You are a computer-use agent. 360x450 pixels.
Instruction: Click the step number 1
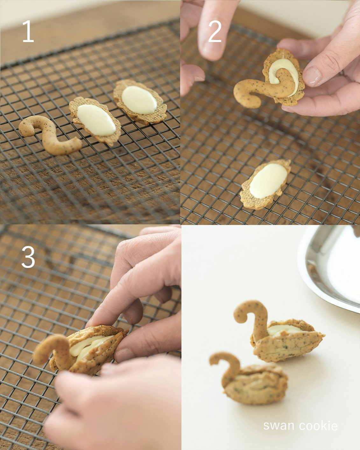point(28,32)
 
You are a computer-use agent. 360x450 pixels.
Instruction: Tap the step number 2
point(215,32)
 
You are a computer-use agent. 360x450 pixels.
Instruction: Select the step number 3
point(28,257)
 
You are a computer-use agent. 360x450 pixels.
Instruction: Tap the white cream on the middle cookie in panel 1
point(96,120)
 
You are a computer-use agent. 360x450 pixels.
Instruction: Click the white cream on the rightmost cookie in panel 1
point(139,100)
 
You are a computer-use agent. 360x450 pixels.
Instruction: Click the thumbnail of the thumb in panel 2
point(312,76)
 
